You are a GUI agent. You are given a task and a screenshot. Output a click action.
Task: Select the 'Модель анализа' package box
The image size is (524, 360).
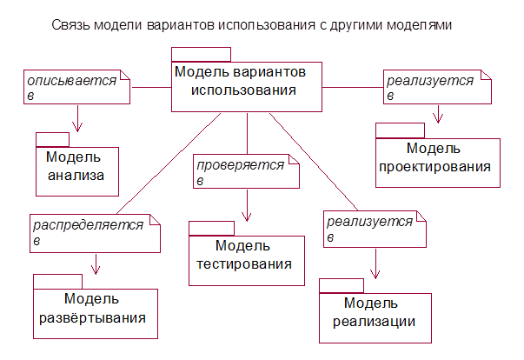pyautogui.click(x=76, y=169)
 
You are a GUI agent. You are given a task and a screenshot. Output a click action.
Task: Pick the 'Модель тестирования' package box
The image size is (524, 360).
pyautogui.click(x=247, y=259)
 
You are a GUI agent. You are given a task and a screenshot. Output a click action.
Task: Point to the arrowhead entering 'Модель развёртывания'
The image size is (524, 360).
pyautogui.click(x=96, y=269)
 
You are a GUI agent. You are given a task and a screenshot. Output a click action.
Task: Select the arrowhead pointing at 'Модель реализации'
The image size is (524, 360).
pyautogui.click(x=375, y=274)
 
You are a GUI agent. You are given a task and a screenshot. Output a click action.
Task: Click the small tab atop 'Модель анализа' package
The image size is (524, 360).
pyautogui.click(x=52, y=139)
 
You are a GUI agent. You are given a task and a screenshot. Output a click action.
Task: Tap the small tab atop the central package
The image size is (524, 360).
pyautogui.click(x=201, y=54)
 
